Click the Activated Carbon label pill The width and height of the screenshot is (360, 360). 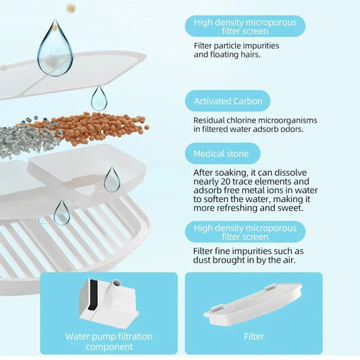228,101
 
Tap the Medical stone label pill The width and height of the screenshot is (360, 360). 222,153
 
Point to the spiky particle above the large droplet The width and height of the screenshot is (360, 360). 71,9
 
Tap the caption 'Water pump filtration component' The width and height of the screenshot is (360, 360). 109,341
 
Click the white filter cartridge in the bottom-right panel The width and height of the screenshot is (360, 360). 253,304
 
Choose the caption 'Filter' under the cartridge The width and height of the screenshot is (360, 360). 254,336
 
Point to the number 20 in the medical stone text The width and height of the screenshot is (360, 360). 225,182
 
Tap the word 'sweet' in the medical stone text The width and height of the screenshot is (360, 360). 292,208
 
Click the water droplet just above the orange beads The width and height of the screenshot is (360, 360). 99,98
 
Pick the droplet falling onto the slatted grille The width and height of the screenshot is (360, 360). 61,213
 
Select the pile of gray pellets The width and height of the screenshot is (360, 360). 28,138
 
